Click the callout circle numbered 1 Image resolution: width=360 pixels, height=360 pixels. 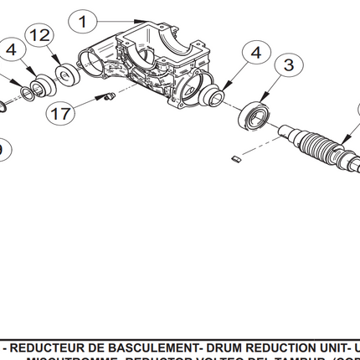pyautogui.click(x=84, y=19)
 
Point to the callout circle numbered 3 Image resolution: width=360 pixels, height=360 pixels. pyautogui.click(x=288, y=64)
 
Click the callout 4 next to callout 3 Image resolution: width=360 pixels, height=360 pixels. pyautogui.click(x=255, y=51)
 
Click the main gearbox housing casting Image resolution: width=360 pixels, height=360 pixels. pyautogui.click(x=147, y=63)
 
